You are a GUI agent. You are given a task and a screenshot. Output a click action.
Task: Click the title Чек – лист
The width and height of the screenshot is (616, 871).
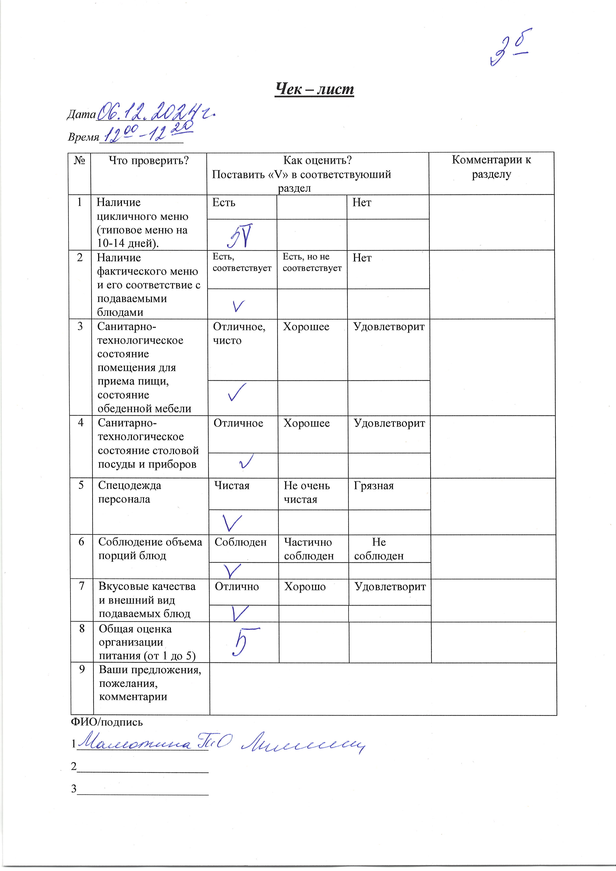tap(314, 89)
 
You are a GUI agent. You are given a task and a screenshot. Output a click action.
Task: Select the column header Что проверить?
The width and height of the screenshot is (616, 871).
tap(149, 161)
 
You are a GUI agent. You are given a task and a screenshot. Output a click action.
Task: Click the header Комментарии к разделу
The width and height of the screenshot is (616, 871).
tap(491, 167)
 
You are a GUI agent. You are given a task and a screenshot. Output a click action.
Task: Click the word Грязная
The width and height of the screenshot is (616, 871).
tap(374, 486)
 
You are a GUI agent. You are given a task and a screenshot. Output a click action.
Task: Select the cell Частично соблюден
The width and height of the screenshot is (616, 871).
tap(309, 549)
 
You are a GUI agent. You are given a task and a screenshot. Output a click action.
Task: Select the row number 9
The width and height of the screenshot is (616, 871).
tap(82, 669)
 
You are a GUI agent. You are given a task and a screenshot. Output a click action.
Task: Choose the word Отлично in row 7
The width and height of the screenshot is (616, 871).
tap(237, 587)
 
